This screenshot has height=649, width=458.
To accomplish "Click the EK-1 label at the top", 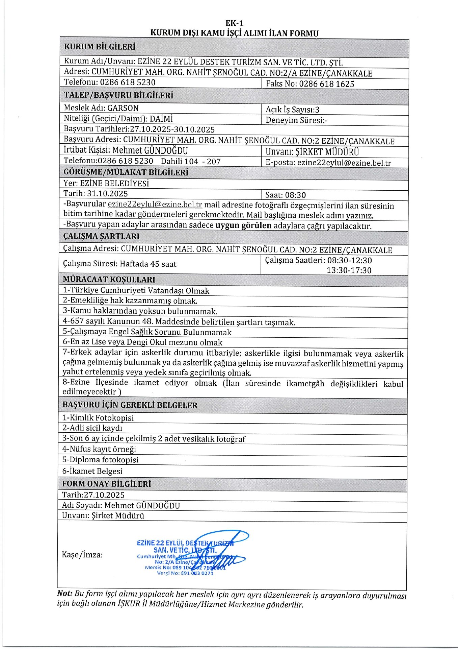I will tap(234, 23).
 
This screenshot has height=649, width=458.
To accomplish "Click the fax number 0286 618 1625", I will tap(326, 84).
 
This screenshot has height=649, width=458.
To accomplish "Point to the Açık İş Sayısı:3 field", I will tap(292, 110).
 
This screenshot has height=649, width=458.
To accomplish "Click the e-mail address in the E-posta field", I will tap(344, 163).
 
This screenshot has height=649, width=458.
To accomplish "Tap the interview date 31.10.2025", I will tap(107, 194).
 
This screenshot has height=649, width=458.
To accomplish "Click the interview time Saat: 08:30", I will tap(286, 195).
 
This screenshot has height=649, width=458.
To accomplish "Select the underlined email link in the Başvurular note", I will tap(155, 205).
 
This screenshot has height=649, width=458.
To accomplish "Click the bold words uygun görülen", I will tap(243, 225).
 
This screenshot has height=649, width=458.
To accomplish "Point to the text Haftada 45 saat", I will tap(148, 264).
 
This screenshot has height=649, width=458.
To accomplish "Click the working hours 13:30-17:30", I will tap(349, 270).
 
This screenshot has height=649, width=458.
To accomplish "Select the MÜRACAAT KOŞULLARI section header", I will tap(109, 280).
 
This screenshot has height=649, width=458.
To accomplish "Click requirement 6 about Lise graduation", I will tap(142, 342).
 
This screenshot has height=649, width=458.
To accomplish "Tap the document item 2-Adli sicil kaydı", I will tap(92, 428).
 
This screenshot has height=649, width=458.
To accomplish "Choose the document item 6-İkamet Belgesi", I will tap(92, 471).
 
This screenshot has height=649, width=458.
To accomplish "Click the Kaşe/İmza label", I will tap(82, 555).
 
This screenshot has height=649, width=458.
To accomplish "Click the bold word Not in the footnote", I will tap(64, 594).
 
